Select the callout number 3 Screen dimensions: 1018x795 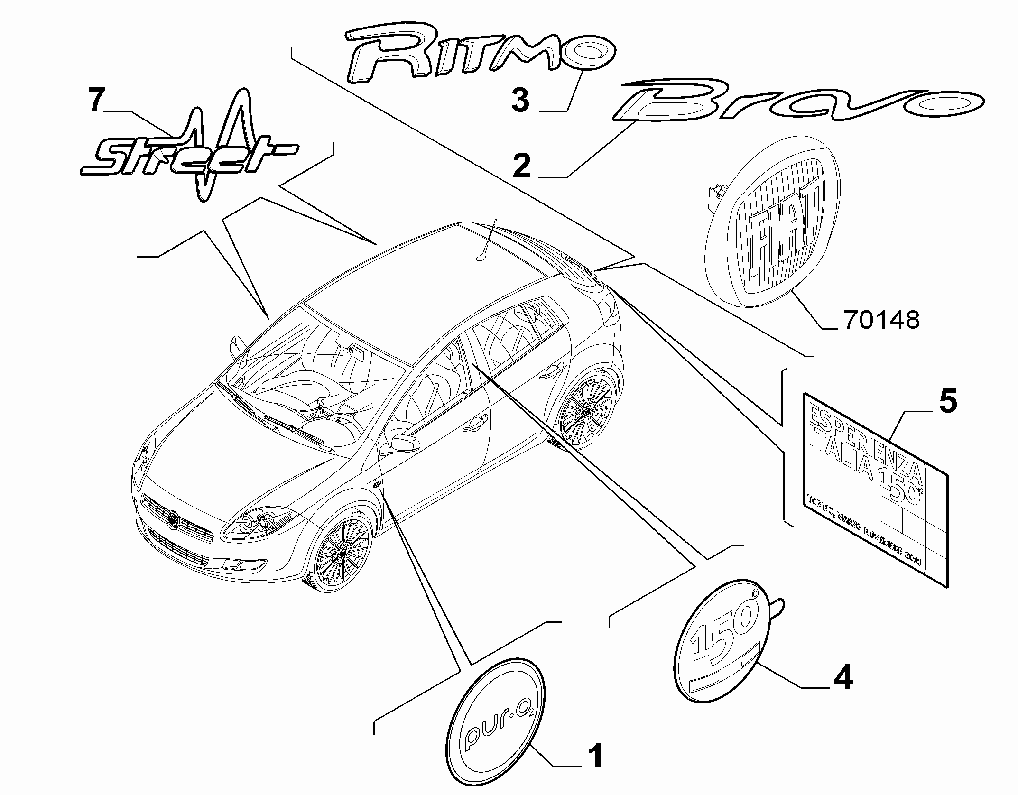pos(520,100)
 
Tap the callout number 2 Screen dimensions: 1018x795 pos(522,166)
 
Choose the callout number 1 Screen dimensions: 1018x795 pos(594,757)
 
